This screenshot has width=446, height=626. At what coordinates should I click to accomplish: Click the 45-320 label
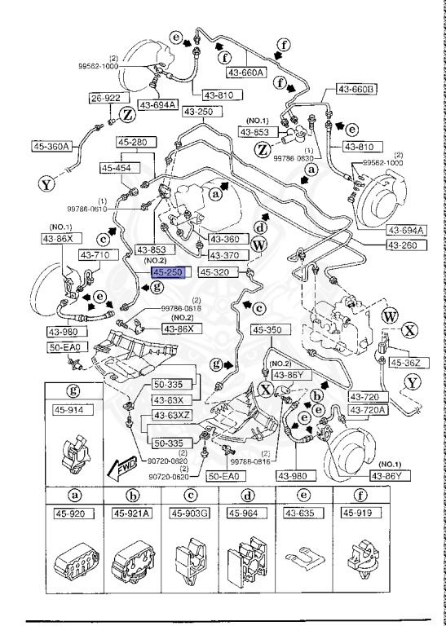click(218, 274)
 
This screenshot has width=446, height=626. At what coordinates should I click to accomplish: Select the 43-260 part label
click(401, 245)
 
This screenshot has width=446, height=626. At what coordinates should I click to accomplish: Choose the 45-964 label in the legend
click(247, 513)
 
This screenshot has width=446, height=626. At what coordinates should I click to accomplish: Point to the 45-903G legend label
click(189, 513)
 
